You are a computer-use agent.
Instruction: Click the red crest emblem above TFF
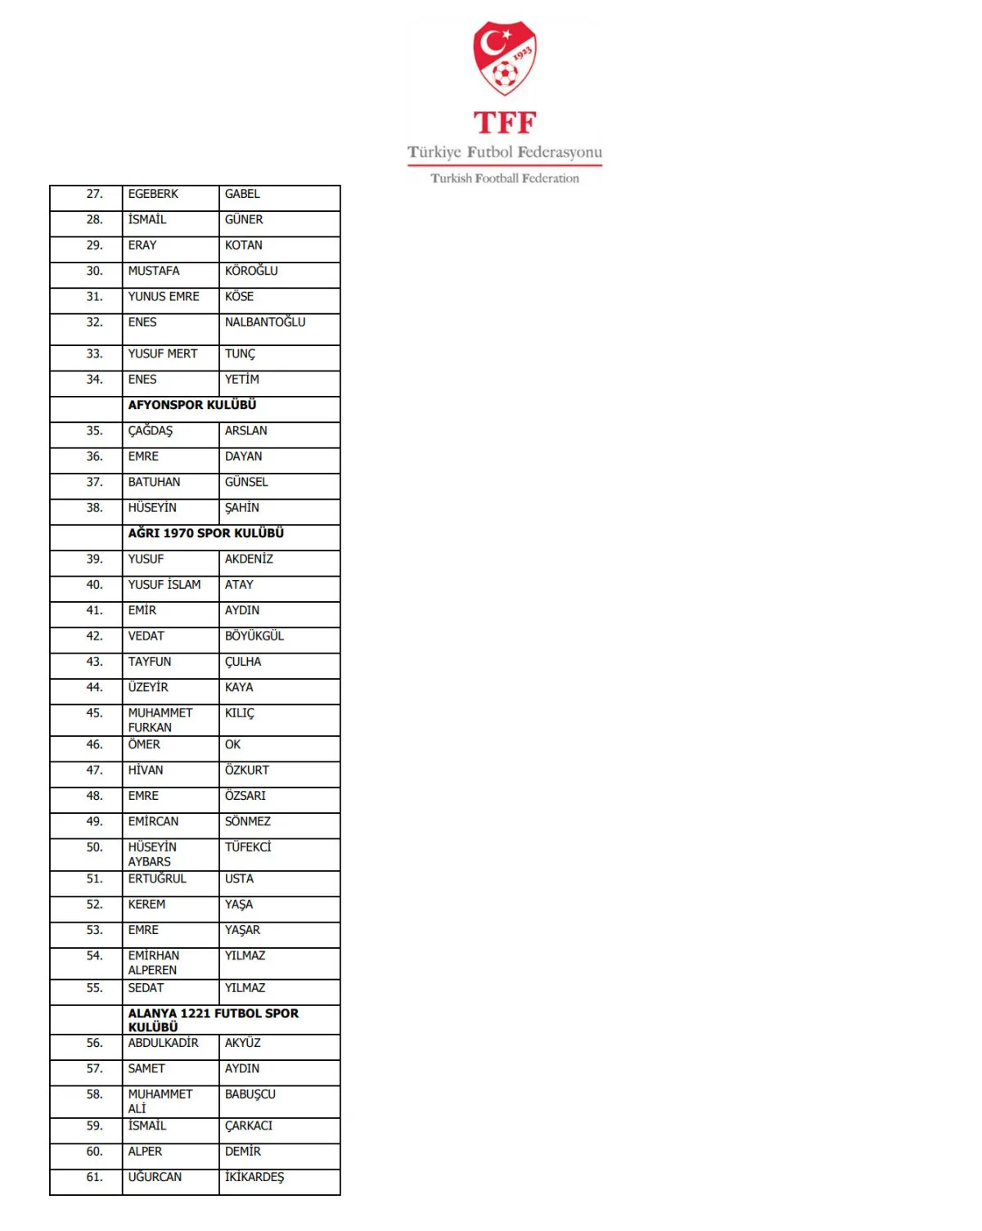point(505,58)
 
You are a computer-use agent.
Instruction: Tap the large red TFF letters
point(505,123)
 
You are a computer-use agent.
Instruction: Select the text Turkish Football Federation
point(505,178)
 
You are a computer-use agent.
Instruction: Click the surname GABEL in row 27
point(242,194)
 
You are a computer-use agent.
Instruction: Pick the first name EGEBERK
point(153,194)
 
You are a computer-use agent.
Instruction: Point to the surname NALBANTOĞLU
point(265,322)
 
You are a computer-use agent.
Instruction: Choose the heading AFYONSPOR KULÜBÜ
point(192,405)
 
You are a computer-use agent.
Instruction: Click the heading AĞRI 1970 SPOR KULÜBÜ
point(206,533)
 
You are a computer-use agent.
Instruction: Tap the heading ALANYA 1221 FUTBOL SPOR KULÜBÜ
point(213,1019)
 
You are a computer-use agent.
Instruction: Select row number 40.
point(95,585)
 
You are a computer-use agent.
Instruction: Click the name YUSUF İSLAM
point(164,585)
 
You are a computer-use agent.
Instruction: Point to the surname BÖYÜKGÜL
point(255,636)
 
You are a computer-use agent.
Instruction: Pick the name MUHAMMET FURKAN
point(160,720)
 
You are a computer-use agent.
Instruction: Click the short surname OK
point(233,745)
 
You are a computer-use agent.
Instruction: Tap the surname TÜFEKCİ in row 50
point(248,847)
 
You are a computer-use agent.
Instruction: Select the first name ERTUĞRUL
point(157,878)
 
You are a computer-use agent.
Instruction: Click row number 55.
point(95,988)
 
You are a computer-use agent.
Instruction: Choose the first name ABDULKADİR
point(164,1043)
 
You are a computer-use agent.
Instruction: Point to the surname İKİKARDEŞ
point(255,1177)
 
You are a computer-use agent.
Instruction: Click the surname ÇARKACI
point(249,1126)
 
